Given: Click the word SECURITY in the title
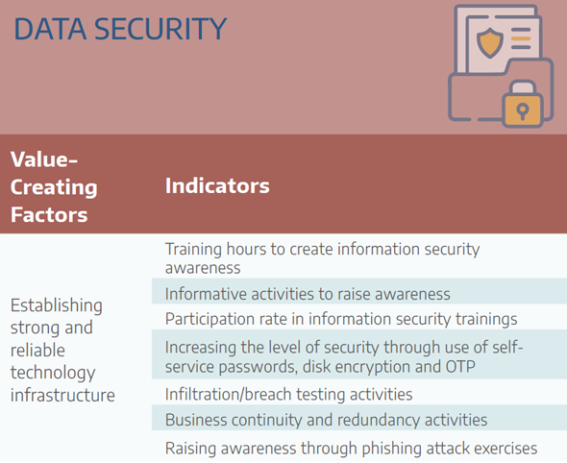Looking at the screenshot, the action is [x=160, y=29].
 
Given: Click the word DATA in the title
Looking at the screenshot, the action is [x=50, y=29].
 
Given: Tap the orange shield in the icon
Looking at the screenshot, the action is [x=490, y=42].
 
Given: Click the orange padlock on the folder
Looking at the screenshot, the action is [x=522, y=104].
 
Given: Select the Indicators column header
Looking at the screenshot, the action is [x=217, y=185].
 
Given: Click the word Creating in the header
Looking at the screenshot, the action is [x=54, y=187].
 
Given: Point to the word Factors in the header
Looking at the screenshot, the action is [x=49, y=215].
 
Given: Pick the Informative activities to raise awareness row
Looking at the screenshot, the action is [x=308, y=294].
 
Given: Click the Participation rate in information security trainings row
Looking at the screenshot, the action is [x=341, y=319].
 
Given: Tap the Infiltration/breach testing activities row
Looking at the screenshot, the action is [x=288, y=394].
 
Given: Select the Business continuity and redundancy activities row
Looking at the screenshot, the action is [x=326, y=420].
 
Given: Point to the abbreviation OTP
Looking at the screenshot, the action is [x=460, y=367].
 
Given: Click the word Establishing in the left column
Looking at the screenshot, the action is [x=57, y=305].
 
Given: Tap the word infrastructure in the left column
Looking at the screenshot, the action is [x=62, y=395].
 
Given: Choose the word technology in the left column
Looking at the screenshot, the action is [x=53, y=373].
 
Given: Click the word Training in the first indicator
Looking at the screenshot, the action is [x=193, y=250].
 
